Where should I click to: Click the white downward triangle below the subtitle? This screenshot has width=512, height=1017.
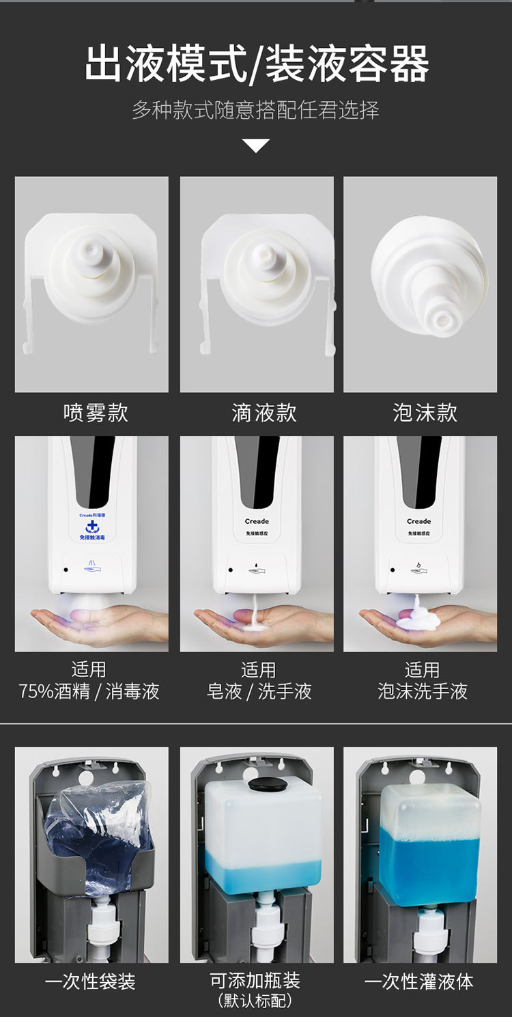[256, 145]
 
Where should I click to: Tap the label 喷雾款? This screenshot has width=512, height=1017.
[96, 413]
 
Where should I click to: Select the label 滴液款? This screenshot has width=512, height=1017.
[264, 413]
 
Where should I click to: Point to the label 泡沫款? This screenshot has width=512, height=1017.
[425, 413]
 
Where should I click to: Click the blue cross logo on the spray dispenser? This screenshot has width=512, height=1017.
[92, 526]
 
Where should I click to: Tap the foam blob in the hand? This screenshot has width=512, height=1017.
[418, 620]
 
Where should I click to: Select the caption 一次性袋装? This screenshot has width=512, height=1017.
[90, 981]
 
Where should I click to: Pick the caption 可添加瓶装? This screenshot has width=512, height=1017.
[255, 981]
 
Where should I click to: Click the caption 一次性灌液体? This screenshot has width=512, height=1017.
[418, 981]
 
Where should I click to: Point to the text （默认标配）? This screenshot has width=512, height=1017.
[255, 1001]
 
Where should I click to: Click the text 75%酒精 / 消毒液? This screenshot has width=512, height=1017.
[89, 691]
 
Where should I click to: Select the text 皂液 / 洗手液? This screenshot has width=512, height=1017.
[259, 691]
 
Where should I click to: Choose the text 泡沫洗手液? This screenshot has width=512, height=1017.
[422, 691]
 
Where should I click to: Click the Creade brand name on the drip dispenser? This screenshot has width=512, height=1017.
[257, 521]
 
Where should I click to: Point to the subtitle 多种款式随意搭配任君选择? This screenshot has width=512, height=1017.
[255, 110]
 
